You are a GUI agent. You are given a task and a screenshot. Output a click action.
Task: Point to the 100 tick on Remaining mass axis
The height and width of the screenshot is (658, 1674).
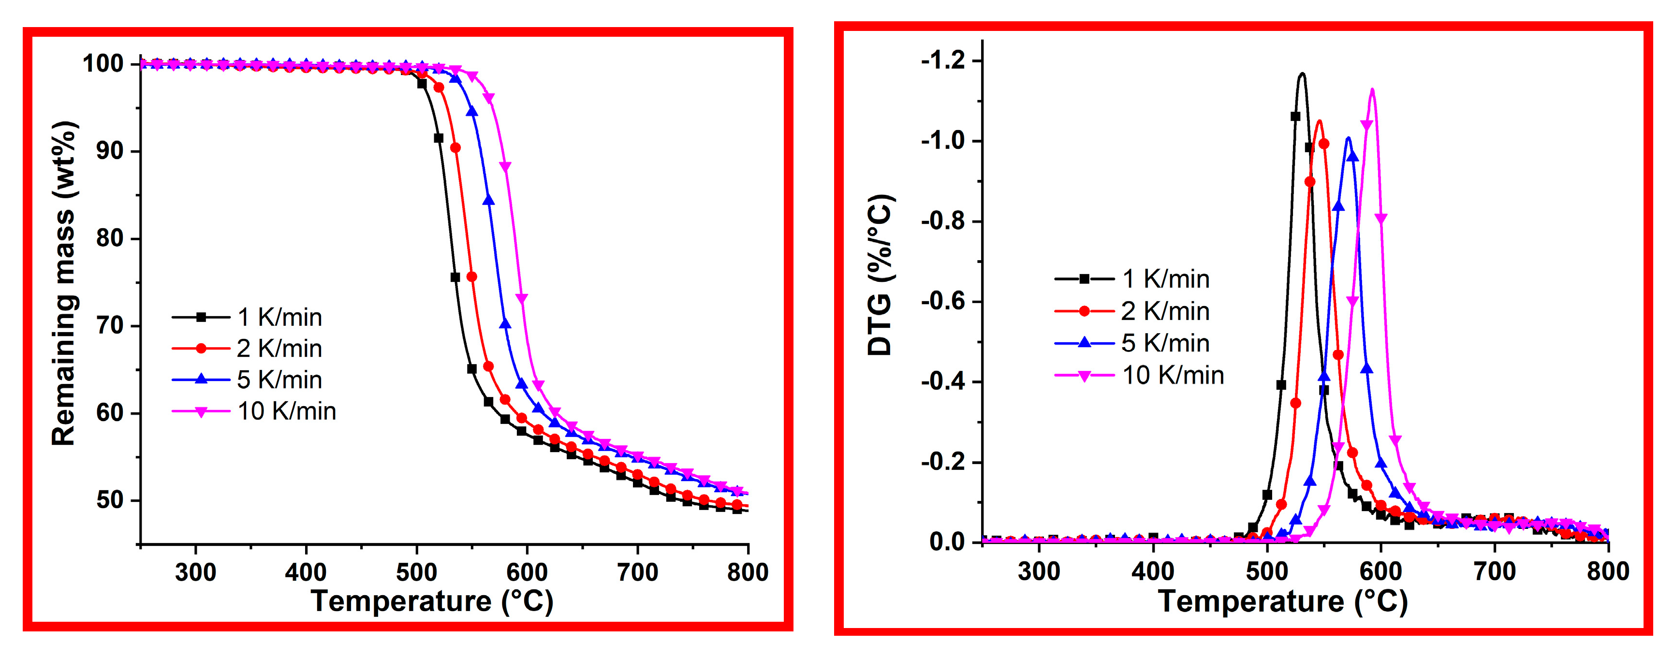click(x=103, y=64)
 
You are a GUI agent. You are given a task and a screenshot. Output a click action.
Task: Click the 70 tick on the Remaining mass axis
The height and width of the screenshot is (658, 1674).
click(x=110, y=325)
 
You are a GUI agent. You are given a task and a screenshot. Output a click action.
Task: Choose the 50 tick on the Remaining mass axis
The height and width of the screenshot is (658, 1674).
click(x=110, y=500)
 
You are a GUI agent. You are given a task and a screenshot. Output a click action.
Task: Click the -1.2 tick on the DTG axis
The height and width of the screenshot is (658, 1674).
click(x=943, y=61)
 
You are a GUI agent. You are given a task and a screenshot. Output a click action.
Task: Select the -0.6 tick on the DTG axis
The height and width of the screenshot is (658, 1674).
click(x=943, y=301)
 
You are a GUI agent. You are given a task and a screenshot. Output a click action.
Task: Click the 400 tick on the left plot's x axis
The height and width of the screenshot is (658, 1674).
click(x=306, y=572)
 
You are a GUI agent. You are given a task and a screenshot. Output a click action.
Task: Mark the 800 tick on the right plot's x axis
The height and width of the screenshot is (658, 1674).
click(x=1608, y=571)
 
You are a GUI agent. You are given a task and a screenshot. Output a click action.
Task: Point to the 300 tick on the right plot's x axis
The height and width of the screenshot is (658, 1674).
click(x=1039, y=571)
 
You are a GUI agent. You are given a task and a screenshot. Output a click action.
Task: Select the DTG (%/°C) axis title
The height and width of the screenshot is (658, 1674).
click(x=881, y=275)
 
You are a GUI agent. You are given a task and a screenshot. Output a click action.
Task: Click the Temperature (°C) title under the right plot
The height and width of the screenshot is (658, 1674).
click(x=1282, y=601)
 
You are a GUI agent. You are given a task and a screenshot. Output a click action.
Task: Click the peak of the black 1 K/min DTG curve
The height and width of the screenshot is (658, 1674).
click(x=1302, y=73)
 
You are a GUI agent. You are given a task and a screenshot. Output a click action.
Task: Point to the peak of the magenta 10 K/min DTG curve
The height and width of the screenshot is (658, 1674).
click(x=1372, y=89)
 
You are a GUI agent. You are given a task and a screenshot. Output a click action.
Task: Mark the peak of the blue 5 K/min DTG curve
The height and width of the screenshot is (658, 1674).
click(x=1348, y=137)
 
